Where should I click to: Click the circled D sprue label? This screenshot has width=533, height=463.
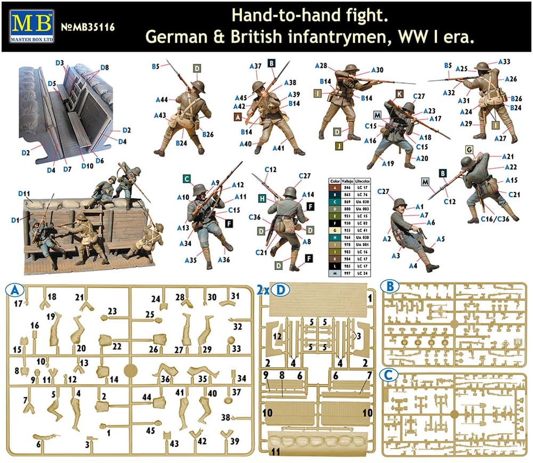pyautogui.click(x=277, y=290)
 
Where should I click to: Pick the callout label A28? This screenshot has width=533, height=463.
pyautogui.click(x=321, y=66)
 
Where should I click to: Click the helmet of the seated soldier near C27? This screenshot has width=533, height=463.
pyautogui.click(x=400, y=204)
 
